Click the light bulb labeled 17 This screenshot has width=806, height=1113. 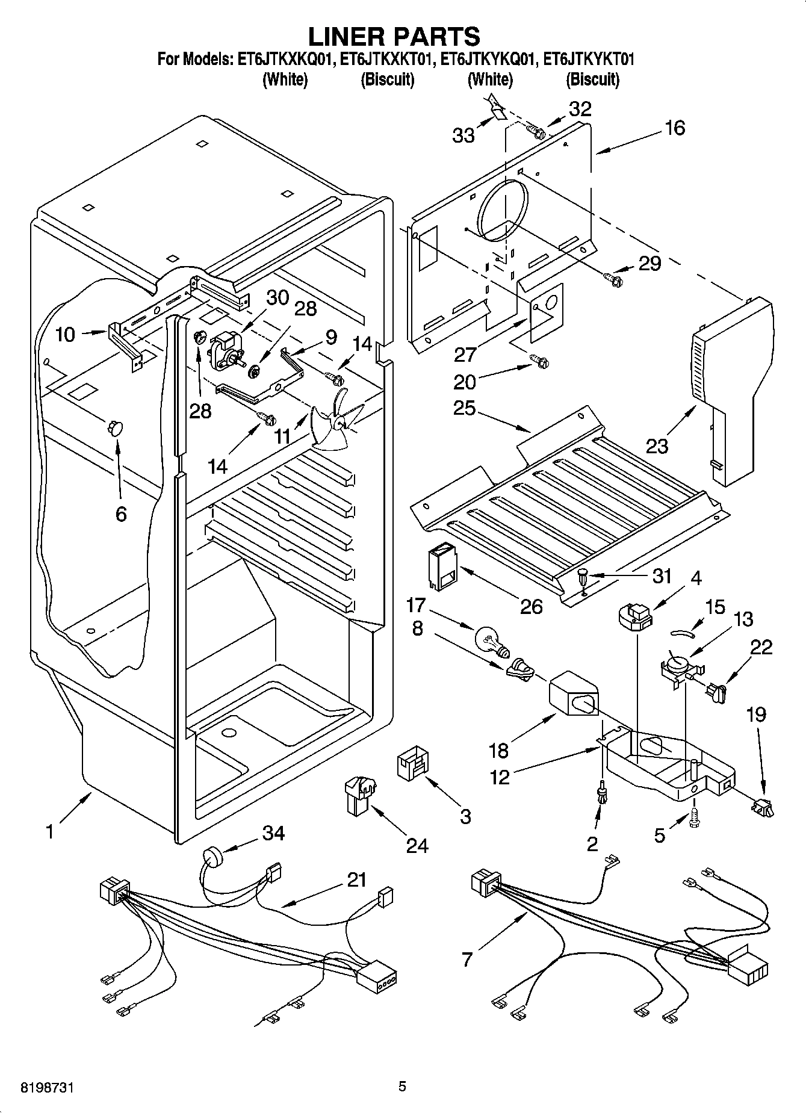click(492, 641)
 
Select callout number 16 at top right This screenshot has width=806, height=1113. click(675, 128)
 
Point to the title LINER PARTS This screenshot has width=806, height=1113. click(394, 36)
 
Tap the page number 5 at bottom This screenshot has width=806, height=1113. click(402, 1087)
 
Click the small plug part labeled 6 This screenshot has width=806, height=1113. click(114, 427)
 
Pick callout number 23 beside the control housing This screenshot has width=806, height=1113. click(657, 446)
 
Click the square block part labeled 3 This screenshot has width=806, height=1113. click(412, 765)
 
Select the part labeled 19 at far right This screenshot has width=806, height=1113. click(763, 805)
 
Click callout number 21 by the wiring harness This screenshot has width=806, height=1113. click(356, 880)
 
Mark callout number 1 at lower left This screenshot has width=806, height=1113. click(49, 832)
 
